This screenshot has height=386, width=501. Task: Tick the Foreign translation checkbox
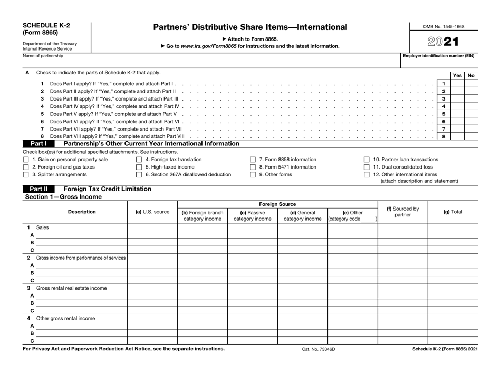pyautogui.click(x=139, y=160)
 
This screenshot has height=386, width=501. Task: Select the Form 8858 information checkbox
pyautogui.click(x=253, y=160)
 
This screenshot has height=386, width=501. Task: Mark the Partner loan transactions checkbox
pyautogui.click(x=367, y=160)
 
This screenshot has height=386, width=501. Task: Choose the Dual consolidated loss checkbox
pyautogui.click(x=367, y=167)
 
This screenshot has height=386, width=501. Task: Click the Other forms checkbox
pyautogui.click(x=253, y=174)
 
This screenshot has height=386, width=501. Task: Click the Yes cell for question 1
pyautogui.click(x=457, y=84)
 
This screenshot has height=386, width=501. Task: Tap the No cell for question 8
pyautogui.click(x=471, y=136)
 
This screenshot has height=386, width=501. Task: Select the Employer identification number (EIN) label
pyautogui.click(x=439, y=56)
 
